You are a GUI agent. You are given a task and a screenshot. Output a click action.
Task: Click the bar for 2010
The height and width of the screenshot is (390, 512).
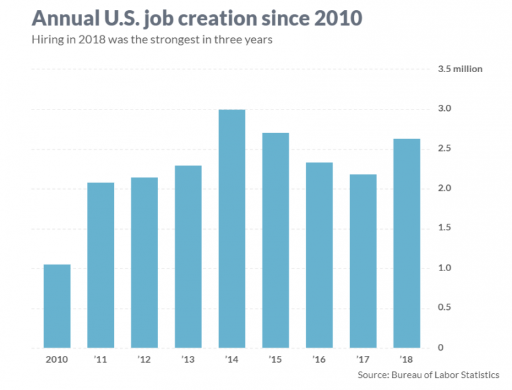click(x=57, y=306)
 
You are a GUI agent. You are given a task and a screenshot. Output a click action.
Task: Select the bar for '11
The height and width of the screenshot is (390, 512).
click(x=101, y=265)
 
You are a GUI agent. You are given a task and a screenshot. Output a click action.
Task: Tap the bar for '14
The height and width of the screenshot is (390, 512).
click(x=231, y=228)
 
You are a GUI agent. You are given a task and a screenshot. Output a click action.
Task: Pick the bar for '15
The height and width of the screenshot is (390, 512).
click(x=275, y=240)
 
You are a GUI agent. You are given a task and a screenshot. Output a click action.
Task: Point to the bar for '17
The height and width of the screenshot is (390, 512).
click(x=363, y=261)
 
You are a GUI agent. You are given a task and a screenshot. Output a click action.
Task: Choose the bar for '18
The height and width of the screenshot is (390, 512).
click(x=406, y=243)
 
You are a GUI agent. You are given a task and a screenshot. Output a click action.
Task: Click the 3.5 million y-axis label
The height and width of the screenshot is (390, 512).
click(x=459, y=69)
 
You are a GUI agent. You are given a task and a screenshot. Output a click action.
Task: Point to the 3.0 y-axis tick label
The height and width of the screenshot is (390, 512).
click(x=445, y=109)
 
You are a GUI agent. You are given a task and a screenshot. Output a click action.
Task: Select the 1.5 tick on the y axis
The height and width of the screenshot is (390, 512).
click(x=445, y=228)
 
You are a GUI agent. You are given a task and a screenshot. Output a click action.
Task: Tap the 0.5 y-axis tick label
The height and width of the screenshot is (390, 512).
click(x=445, y=308)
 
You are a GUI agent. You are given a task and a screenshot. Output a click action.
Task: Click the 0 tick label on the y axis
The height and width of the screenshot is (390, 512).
click(x=441, y=348)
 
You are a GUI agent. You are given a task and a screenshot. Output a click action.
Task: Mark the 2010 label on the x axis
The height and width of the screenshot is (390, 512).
click(x=57, y=360)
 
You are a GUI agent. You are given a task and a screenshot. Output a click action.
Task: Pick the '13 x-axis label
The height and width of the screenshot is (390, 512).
click(x=187, y=360)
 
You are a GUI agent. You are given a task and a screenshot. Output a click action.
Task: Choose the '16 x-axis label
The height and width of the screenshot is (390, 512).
click(x=319, y=360)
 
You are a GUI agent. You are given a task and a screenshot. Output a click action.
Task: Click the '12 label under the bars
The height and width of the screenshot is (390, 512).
click(x=144, y=360)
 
